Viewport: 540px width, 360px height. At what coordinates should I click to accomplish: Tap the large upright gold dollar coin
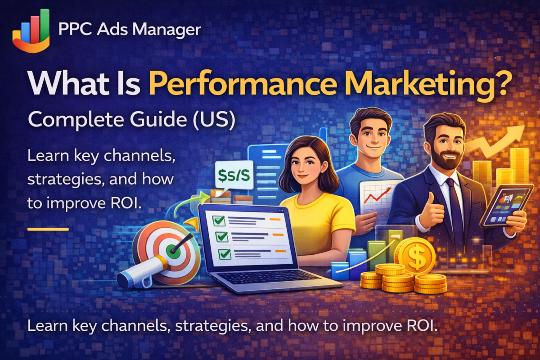(414, 256)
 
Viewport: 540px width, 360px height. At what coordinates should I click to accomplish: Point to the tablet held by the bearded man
(506, 205)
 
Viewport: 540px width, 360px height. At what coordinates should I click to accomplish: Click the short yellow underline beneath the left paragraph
(48, 229)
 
